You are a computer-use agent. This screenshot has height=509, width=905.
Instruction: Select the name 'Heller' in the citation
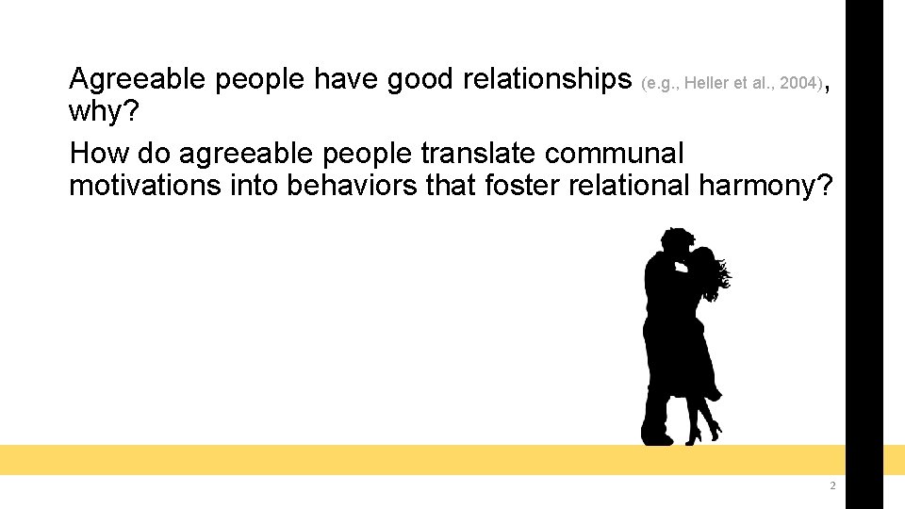tap(707, 83)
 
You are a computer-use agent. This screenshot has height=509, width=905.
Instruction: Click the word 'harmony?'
tap(765, 185)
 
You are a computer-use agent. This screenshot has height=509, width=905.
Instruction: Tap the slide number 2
tap(831, 486)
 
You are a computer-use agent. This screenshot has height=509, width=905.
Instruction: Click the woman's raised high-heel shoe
tap(715, 430)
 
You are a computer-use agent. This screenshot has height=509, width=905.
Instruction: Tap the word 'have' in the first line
tap(345, 79)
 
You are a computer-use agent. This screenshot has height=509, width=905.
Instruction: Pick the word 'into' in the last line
tap(255, 185)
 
